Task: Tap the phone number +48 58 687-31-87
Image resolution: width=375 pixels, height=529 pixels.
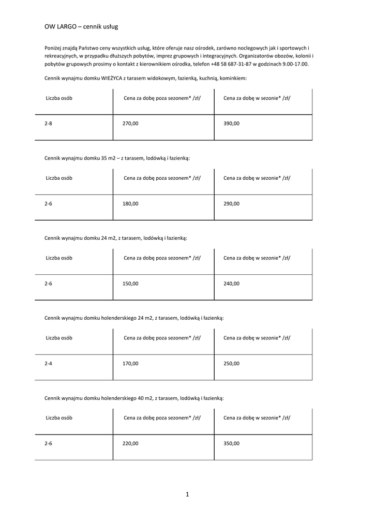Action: click(x=231, y=64)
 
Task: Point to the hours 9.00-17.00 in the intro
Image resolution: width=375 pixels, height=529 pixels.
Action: click(x=293, y=64)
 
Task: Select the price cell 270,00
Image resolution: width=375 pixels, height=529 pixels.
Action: click(x=130, y=123)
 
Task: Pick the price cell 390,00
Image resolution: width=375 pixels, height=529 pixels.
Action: click(x=231, y=123)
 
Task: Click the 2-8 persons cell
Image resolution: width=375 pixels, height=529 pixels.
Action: click(x=48, y=123)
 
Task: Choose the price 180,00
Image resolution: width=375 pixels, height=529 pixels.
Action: click(x=130, y=204)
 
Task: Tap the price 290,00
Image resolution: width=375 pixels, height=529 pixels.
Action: click(x=231, y=204)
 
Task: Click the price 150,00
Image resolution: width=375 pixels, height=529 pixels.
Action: click(x=130, y=284)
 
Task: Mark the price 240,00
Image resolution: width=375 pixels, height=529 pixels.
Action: click(x=231, y=284)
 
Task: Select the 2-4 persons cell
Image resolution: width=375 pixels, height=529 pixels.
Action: click(x=48, y=363)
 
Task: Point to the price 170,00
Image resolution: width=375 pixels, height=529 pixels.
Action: click(x=130, y=363)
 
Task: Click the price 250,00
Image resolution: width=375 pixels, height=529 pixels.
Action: click(x=231, y=363)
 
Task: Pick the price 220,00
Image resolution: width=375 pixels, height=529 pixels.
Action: click(x=130, y=443)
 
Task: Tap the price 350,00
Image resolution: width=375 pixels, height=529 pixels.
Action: click(x=231, y=443)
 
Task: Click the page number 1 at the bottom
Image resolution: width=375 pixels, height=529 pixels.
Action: click(x=187, y=494)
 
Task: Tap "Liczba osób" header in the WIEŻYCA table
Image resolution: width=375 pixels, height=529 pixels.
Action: click(x=59, y=98)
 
